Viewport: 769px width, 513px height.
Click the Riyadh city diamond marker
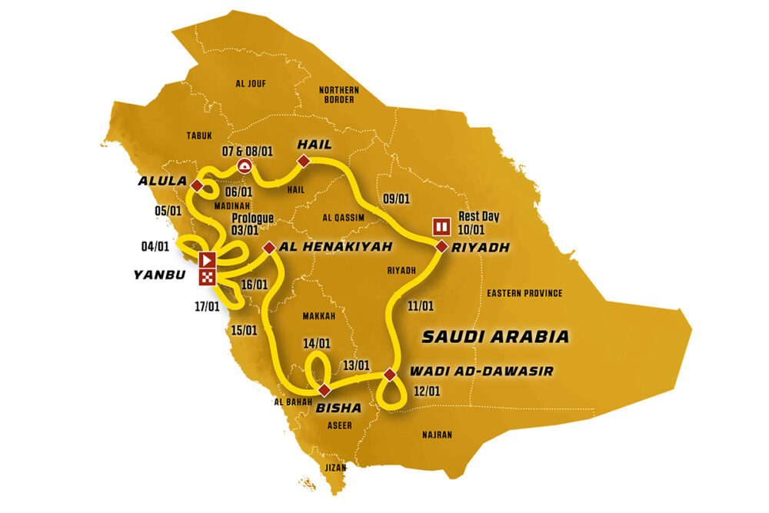point(441,247)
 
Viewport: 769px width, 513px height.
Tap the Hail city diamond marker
point(304,161)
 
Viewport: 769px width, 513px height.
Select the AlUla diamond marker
point(198,186)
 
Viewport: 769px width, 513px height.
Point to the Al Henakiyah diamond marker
point(269,248)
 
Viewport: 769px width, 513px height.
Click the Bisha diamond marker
point(325,389)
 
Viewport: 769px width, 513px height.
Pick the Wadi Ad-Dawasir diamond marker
point(390,375)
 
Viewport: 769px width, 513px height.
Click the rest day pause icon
point(441,226)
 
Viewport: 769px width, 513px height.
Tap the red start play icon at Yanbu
point(206,259)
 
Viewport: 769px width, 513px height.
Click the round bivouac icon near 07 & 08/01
point(245,165)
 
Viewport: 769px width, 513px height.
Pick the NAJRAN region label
point(438,435)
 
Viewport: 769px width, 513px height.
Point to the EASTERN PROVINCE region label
point(524,293)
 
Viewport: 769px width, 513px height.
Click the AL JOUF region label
point(251,83)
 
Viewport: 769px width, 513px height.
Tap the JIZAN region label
point(335,467)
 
